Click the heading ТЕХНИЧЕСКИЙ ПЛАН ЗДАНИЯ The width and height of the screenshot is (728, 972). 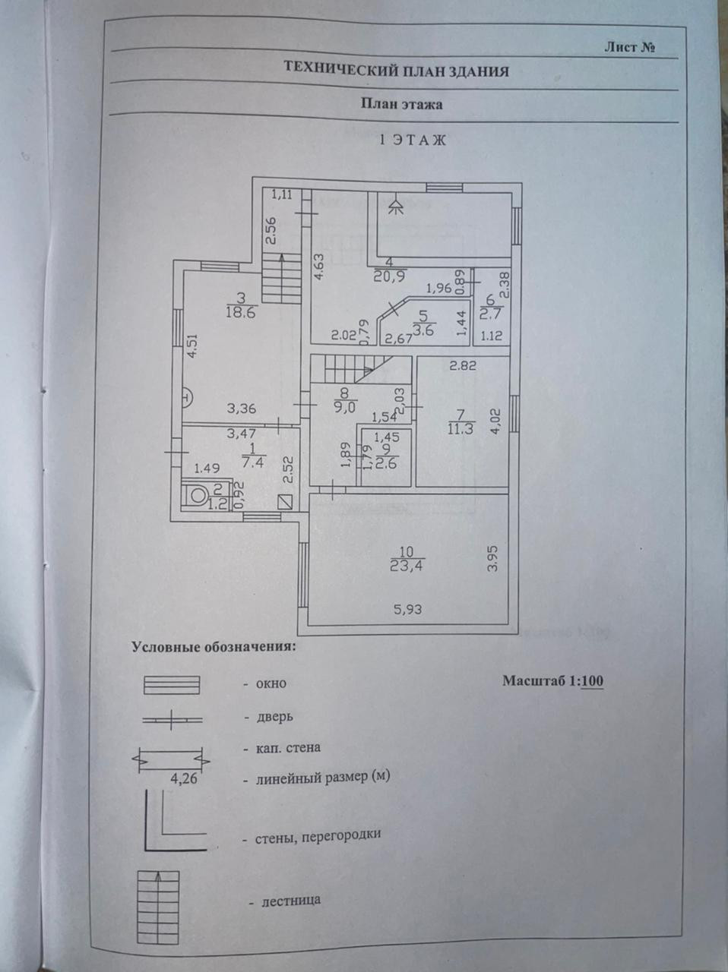(x=396, y=71)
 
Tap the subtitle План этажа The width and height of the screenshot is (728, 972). (x=401, y=105)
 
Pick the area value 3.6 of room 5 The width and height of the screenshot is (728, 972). (x=426, y=331)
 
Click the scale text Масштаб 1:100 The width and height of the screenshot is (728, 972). (x=552, y=680)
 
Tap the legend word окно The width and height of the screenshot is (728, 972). (x=271, y=683)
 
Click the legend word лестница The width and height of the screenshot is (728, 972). (x=290, y=901)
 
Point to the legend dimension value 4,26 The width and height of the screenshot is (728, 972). (x=172, y=778)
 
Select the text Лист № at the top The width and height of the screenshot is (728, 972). (x=629, y=47)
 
